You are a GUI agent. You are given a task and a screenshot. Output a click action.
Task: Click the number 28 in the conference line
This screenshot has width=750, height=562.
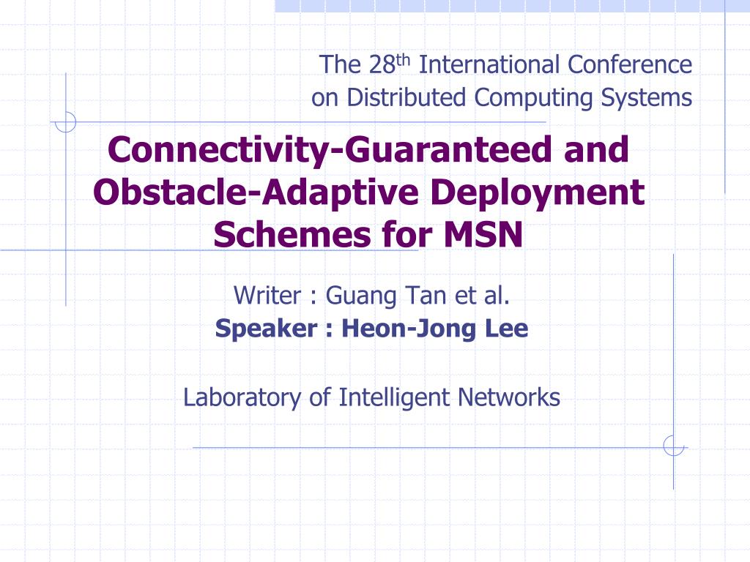pyautogui.click(x=382, y=64)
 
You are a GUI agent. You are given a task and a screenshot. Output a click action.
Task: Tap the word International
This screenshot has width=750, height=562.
pyautogui.click(x=489, y=64)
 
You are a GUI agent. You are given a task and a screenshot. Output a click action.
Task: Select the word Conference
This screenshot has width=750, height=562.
pyautogui.click(x=630, y=64)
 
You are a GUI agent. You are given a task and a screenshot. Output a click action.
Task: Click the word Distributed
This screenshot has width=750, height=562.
pyautogui.click(x=406, y=97)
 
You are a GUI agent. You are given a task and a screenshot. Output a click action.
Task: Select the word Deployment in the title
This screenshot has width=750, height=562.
pyautogui.click(x=537, y=193)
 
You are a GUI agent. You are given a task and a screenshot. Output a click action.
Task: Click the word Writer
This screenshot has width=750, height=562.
pyautogui.click(x=267, y=296)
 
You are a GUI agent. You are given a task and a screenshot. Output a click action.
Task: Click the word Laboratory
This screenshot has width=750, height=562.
pyautogui.click(x=242, y=398)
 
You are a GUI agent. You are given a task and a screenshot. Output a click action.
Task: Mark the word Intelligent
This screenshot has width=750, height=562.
pyautogui.click(x=394, y=398)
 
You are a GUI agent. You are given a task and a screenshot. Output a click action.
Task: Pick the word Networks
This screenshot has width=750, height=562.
pyautogui.click(x=509, y=397)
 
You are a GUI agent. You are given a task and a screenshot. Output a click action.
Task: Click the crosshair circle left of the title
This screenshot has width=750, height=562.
pyautogui.click(x=65, y=122)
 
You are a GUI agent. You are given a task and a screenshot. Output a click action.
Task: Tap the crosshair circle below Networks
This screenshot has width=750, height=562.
pyautogui.click(x=674, y=446)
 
